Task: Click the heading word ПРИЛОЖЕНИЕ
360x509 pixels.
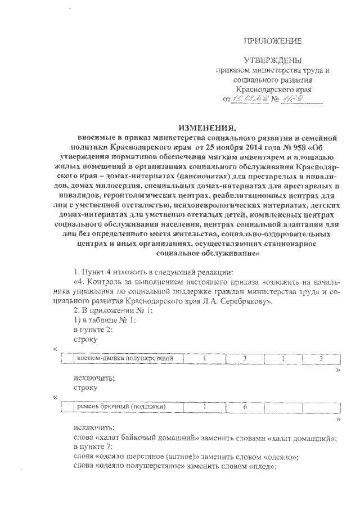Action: (272, 40)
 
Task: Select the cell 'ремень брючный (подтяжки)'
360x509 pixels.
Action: (121, 407)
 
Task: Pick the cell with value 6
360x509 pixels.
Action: (245, 407)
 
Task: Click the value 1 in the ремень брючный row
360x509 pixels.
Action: (206, 407)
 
